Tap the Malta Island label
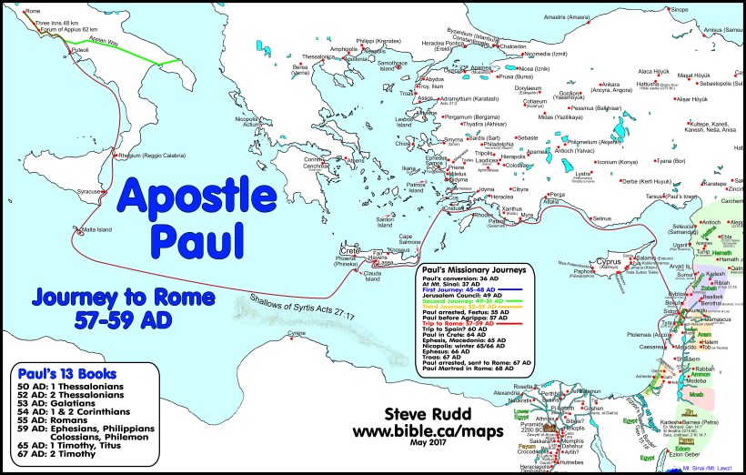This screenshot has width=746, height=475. click(x=96, y=229)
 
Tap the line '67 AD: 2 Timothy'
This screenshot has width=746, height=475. click(x=62, y=461)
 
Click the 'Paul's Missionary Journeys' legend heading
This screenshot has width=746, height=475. click(x=469, y=270)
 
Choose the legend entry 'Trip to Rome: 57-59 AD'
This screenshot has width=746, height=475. click(x=461, y=323)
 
